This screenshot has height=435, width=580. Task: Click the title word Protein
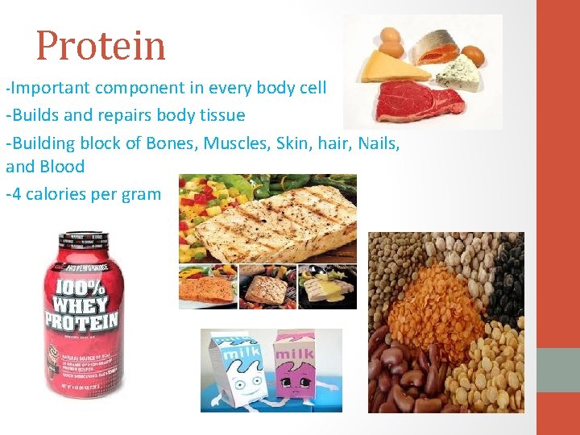tap(101, 46)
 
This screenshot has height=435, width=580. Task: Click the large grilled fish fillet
tap(278, 217)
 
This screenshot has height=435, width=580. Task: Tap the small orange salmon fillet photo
tap(208, 288)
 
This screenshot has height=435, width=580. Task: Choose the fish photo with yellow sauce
tap(327, 287)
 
